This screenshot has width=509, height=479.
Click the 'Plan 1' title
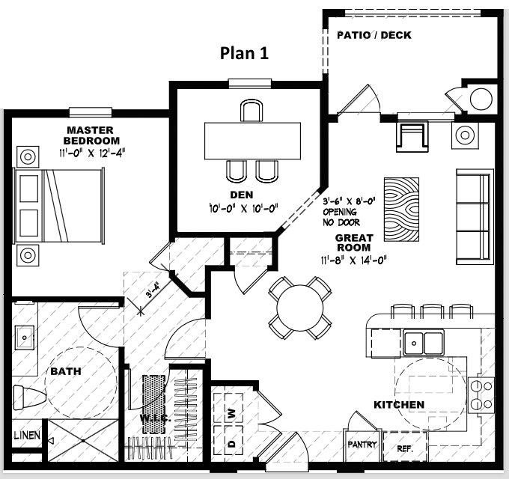coord(243,53)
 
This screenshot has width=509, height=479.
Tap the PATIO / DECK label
coord(374,35)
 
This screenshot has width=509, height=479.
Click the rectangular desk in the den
coord(253,140)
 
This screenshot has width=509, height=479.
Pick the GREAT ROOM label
coord(353,242)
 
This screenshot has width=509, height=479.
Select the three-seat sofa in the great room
coord(475,216)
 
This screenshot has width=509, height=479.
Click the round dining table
coord(300,307)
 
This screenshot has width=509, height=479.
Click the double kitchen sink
coord(423,343)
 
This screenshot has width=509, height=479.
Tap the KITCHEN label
coord(399,405)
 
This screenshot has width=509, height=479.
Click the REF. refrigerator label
coord(405,450)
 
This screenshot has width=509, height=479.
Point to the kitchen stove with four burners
coord(480,394)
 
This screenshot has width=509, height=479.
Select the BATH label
coord(66,370)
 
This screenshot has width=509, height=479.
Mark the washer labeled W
coord(232,412)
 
